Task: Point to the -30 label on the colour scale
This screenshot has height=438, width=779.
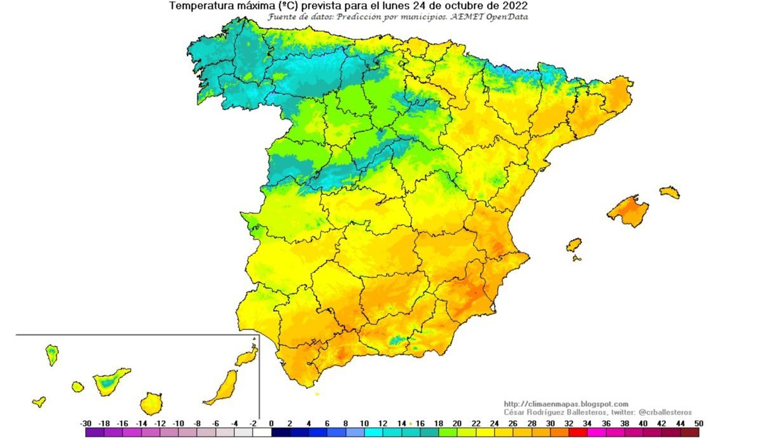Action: click(86, 423)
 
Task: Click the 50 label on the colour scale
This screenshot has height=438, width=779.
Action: click(699, 423)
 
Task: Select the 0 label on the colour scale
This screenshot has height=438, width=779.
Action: click(272, 423)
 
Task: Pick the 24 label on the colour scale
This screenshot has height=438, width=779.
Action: click(495, 423)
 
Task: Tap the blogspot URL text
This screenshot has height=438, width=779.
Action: click(566, 404)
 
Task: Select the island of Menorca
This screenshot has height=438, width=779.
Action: click(669, 191)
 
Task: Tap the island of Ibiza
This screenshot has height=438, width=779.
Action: click(573, 244)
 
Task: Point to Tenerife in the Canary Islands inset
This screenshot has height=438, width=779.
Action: click(110, 381)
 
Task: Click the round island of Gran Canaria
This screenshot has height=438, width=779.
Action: click(151, 403)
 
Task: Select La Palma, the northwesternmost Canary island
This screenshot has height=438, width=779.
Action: click(51, 354)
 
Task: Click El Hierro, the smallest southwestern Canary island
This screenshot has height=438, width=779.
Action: click(39, 401)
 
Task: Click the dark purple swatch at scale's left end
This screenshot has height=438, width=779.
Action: click(95, 432)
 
